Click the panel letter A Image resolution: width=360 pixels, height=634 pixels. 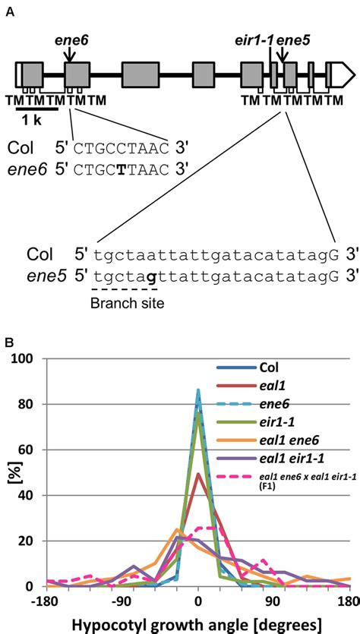point(9,11)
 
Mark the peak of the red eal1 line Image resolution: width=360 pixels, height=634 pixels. point(198,475)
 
